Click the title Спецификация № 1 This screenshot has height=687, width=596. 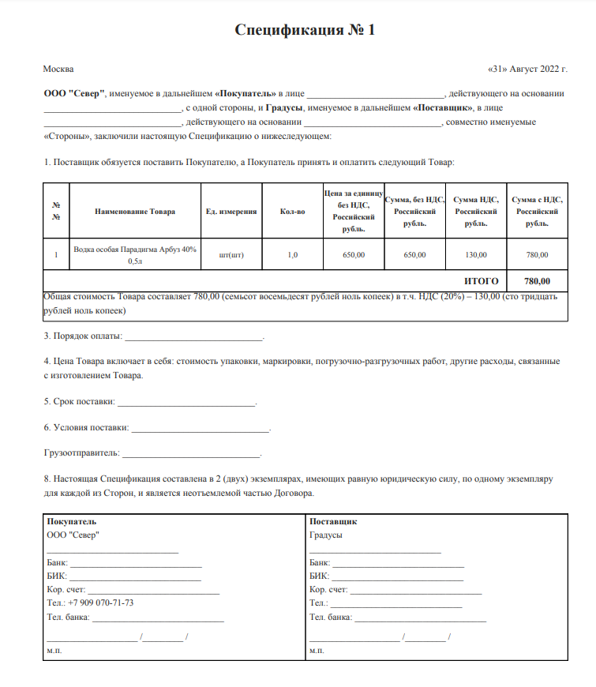point(305,31)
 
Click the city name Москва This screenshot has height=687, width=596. point(58,69)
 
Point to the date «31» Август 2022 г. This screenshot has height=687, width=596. point(528,69)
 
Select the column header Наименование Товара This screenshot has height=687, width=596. point(135,212)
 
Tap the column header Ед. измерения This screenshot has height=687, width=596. point(231,212)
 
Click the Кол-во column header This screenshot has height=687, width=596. point(292,212)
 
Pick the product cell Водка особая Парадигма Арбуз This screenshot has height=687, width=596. point(135,254)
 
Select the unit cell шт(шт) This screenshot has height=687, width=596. point(231,254)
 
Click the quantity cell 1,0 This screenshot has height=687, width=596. point(292,254)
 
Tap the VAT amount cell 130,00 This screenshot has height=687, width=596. point(476,254)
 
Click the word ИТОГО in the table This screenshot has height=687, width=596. point(481,280)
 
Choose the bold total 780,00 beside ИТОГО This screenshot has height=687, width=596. point(537,280)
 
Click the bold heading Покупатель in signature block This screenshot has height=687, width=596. point(72,522)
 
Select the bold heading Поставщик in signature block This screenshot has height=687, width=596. point(333,522)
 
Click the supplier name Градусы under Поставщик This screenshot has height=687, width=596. point(326,535)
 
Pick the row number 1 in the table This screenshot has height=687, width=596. point(56,254)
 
